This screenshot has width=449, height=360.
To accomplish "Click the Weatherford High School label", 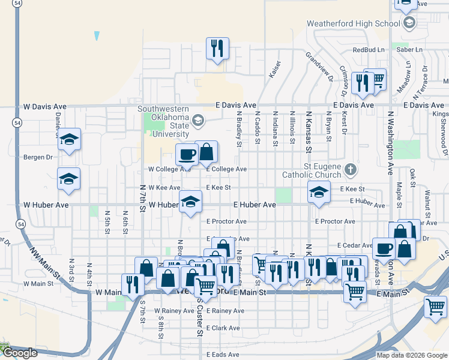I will tap(353, 23).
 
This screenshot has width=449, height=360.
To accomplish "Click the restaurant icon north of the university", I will tap(217, 48).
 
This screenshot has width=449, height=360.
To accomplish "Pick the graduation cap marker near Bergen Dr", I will tap(69, 140).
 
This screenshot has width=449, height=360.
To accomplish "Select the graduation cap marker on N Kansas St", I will tap(319, 192).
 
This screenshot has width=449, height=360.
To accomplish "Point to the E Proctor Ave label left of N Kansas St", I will tap(226, 221).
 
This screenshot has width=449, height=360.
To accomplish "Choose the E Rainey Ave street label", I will tap(225, 311).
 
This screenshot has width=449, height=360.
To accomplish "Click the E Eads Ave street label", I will tap(223, 355).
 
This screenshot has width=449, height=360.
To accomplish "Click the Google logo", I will tap(20, 353).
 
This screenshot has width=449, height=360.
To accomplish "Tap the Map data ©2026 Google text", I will tap(411, 355).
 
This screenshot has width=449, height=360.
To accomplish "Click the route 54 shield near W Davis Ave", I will tap(19, 122).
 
